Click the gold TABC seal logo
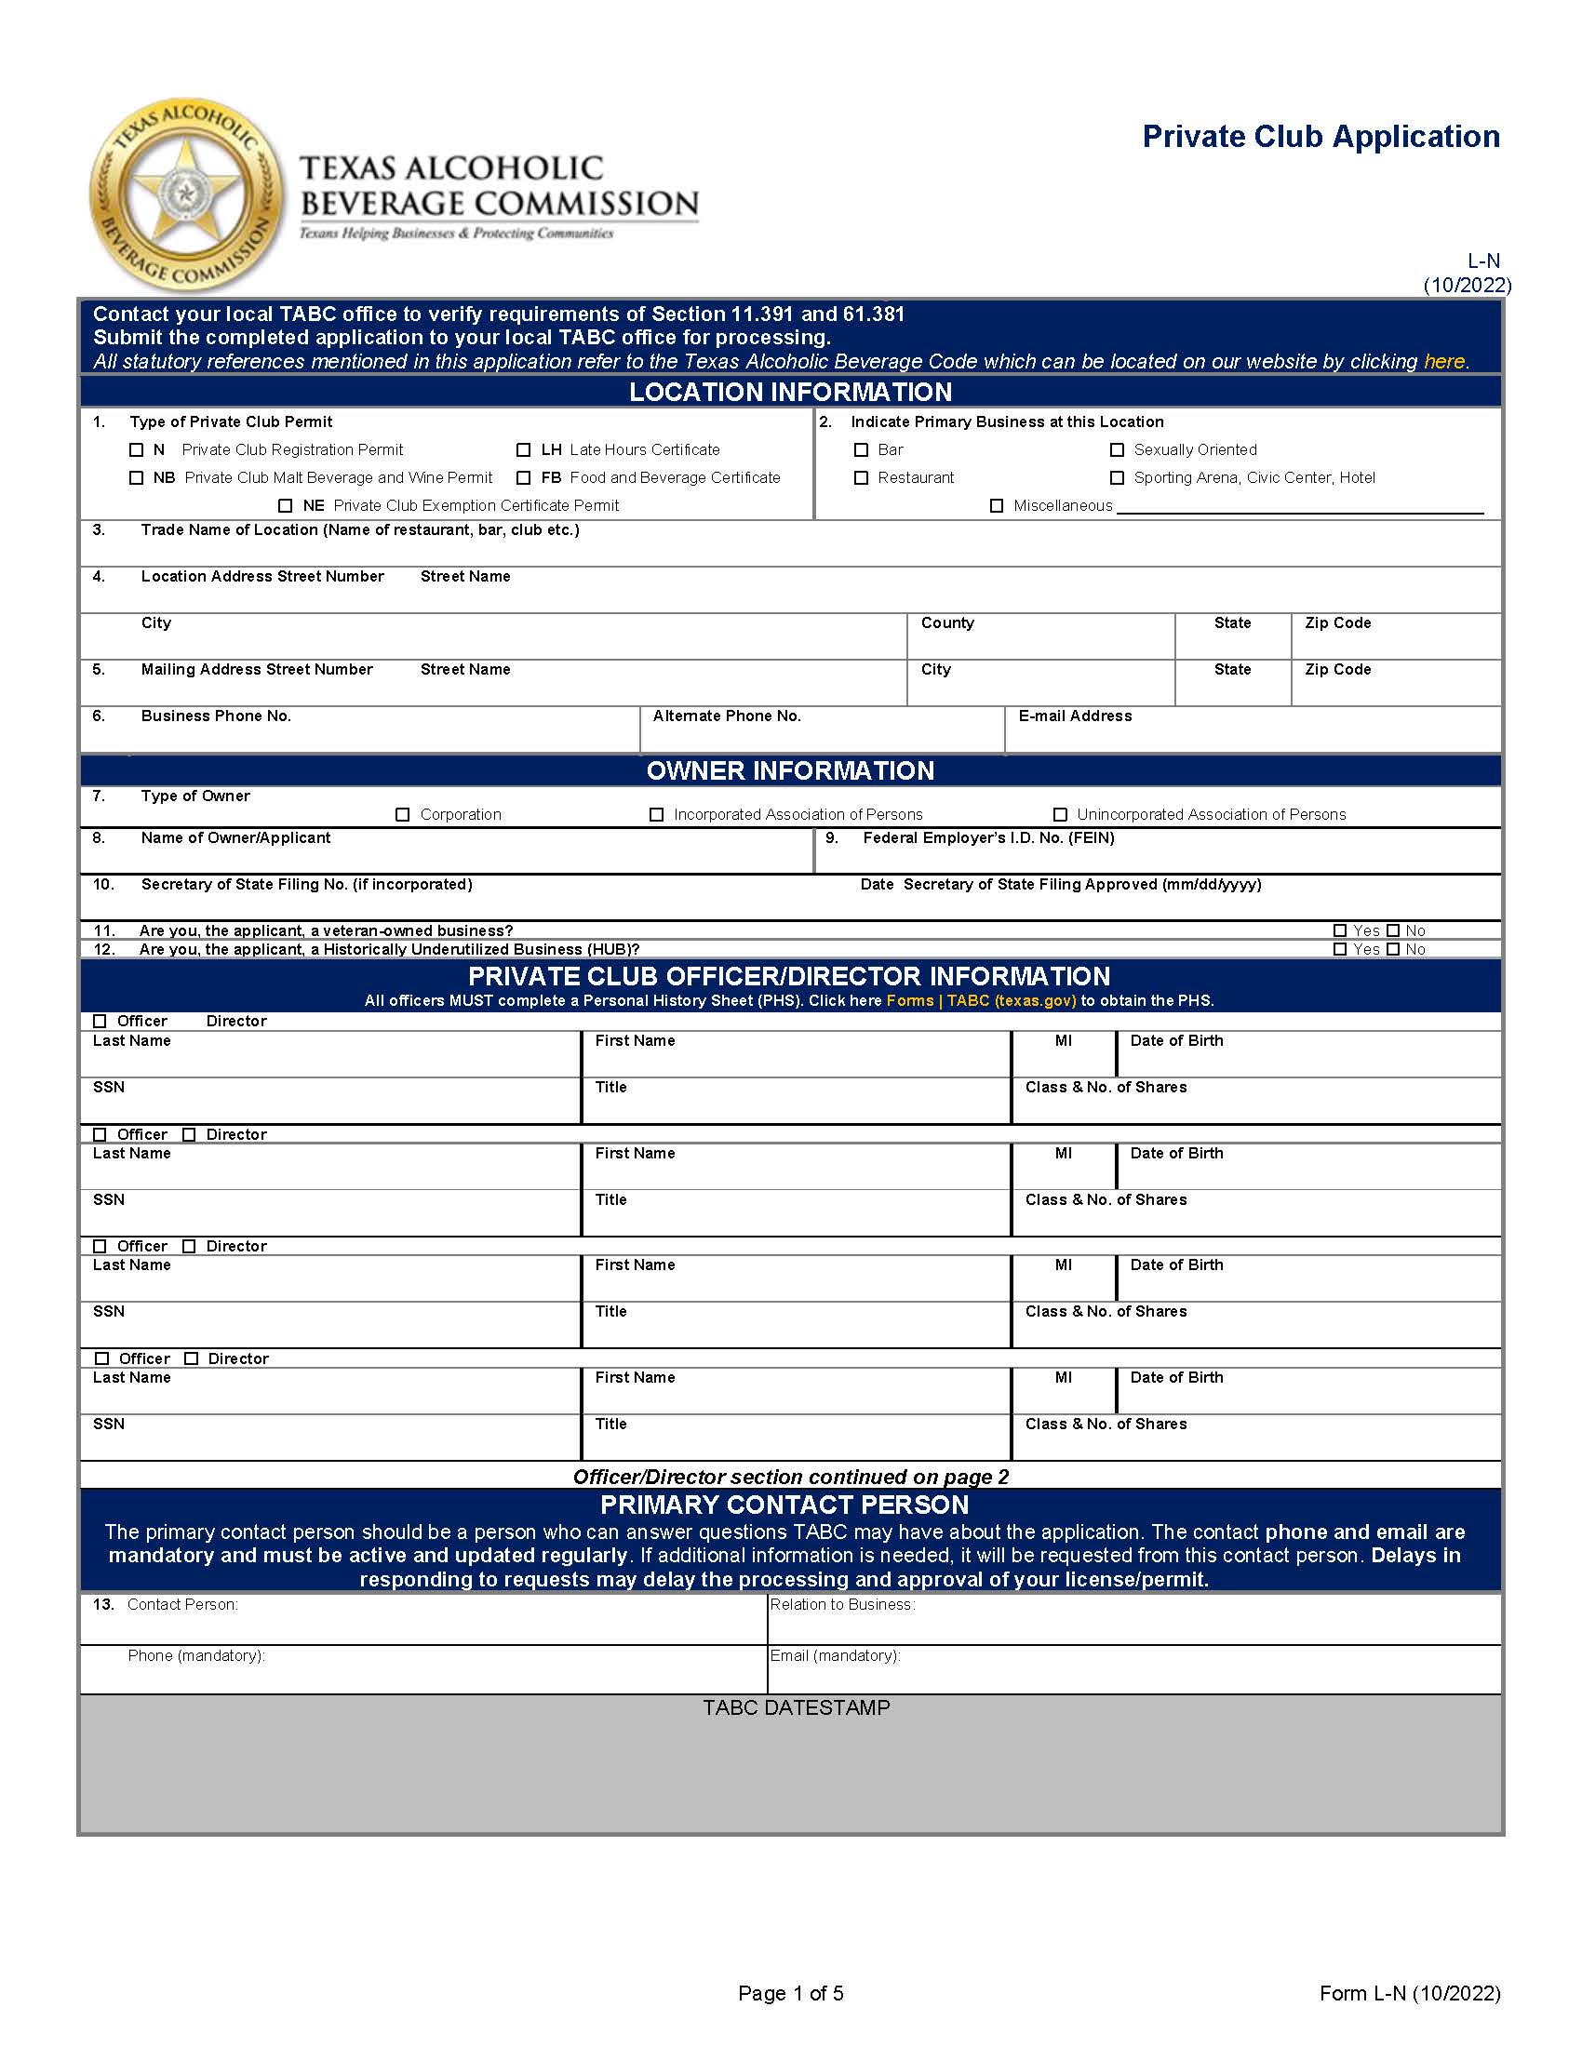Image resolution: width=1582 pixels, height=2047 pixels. tap(185, 195)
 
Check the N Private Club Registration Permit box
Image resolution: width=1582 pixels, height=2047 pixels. tap(137, 450)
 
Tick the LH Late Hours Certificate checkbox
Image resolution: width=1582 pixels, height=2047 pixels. tap(524, 450)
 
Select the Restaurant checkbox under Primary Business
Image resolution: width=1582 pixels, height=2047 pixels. tap(862, 478)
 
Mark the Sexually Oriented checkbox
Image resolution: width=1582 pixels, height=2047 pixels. tap(1117, 450)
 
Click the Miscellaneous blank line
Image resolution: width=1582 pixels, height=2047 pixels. tap(1299, 506)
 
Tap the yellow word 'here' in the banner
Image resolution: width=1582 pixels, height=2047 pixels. tap(1443, 362)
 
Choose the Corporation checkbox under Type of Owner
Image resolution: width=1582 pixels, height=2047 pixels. tap(403, 814)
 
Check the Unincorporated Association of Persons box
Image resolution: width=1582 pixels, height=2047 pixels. tap(1060, 814)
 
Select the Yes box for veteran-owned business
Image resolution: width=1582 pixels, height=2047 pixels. tap(1340, 930)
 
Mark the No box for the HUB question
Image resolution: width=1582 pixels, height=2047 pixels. tap(1393, 949)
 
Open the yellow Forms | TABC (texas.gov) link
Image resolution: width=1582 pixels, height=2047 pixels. tap(981, 1000)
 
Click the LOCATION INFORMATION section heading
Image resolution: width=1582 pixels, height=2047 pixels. tap(790, 392)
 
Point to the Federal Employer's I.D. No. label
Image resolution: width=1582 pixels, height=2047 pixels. tap(987, 838)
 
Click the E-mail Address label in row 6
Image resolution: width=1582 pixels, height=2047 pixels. tap(1075, 716)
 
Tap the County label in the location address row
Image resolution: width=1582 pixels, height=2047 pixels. tap(947, 623)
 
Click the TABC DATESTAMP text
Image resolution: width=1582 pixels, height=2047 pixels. tap(796, 1707)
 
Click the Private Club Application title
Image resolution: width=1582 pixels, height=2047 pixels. tap(1321, 137)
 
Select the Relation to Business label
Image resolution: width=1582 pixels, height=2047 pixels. tap(841, 1605)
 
